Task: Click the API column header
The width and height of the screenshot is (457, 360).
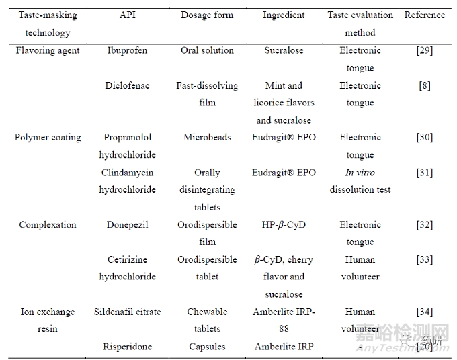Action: click(x=127, y=15)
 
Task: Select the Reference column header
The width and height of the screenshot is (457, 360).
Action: click(x=424, y=15)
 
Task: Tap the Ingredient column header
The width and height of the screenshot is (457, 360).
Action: click(x=284, y=15)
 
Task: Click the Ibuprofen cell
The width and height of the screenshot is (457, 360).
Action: click(x=127, y=50)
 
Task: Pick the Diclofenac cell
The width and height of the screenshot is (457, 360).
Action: click(x=127, y=85)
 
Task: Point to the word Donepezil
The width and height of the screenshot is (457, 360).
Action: click(x=127, y=225)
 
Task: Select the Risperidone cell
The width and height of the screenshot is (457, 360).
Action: click(x=127, y=347)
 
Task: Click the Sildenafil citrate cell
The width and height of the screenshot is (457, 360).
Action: click(x=127, y=312)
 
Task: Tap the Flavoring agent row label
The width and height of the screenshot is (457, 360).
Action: click(x=47, y=50)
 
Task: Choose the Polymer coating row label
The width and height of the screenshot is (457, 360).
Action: click(x=47, y=138)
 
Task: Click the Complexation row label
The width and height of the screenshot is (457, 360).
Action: click(x=47, y=225)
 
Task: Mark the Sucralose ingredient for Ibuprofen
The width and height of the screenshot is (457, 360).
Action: click(x=284, y=50)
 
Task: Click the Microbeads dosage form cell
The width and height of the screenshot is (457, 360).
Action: click(x=207, y=138)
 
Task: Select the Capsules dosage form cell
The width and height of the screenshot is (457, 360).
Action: click(x=207, y=347)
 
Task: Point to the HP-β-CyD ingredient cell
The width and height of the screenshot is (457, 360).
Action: click(x=284, y=225)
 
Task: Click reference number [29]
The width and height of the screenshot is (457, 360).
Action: click(x=424, y=50)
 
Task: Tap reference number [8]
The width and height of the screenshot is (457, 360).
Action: click(x=424, y=85)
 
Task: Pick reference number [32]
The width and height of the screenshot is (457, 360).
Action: click(x=424, y=225)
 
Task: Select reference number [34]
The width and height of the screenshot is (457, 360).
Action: click(x=424, y=312)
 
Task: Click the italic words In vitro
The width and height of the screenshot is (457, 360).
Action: click(x=360, y=173)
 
